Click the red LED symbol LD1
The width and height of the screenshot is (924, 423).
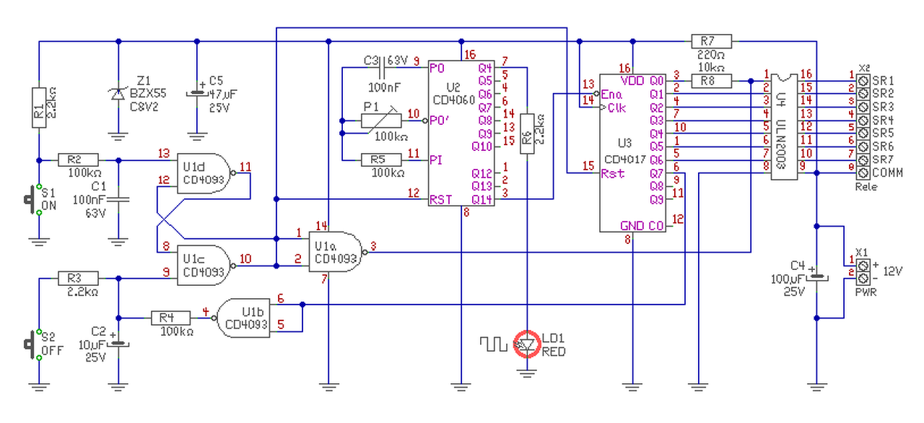pyautogui.click(x=527, y=344)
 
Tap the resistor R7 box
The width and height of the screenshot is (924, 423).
pyautogui.click(x=711, y=41)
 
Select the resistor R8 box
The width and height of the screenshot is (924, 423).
pyautogui.click(x=711, y=81)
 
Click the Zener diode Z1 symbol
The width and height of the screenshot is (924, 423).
pyautogui.click(x=118, y=95)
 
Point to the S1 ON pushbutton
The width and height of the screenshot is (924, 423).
pyautogui.click(x=32, y=199)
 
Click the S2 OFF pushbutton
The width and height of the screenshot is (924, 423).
pyautogui.click(x=32, y=344)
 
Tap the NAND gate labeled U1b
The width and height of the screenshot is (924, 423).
pyautogui.click(x=243, y=318)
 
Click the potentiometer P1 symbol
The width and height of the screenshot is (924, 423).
pyautogui.click(x=381, y=121)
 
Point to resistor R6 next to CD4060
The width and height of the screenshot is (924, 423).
pyautogui.click(x=527, y=134)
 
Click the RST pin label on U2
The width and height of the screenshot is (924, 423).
pyautogui.click(x=440, y=200)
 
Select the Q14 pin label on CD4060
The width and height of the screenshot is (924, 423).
pyautogui.click(x=481, y=200)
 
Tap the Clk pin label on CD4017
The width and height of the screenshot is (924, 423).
pyautogui.click(x=616, y=108)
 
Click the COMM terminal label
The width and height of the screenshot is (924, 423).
pyautogui.click(x=887, y=173)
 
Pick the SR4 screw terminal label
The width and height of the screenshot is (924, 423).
pyautogui.click(x=883, y=121)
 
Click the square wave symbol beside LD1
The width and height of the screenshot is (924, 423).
pyautogui.click(x=493, y=344)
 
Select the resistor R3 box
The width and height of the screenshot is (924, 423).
pyautogui.click(x=78, y=279)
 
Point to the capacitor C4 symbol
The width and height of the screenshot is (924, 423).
pyautogui.click(x=816, y=277)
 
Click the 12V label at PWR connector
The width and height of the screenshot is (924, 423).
pyautogui.click(x=892, y=271)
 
